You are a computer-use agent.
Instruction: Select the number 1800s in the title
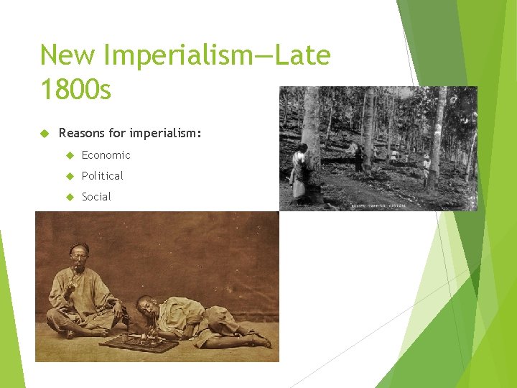click(x=75, y=90)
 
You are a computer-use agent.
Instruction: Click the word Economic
click(x=106, y=155)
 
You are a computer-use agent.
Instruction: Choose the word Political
click(x=102, y=176)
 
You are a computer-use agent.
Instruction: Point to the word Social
click(x=96, y=197)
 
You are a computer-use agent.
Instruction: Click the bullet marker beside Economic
click(x=70, y=155)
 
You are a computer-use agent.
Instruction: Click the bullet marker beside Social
click(x=70, y=197)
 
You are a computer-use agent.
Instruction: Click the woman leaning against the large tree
click(x=299, y=172)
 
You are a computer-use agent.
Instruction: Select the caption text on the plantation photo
click(x=378, y=205)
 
